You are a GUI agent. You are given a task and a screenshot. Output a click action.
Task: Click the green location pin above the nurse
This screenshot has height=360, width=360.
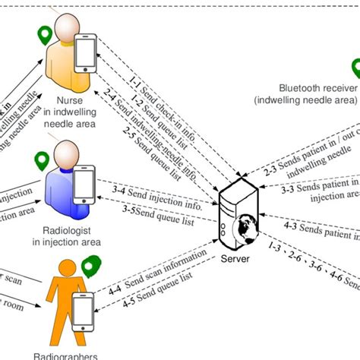pyautogui.click(x=45, y=34)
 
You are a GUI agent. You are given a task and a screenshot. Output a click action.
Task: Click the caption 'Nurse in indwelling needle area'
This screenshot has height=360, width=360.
pyautogui.click(x=62, y=113)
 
